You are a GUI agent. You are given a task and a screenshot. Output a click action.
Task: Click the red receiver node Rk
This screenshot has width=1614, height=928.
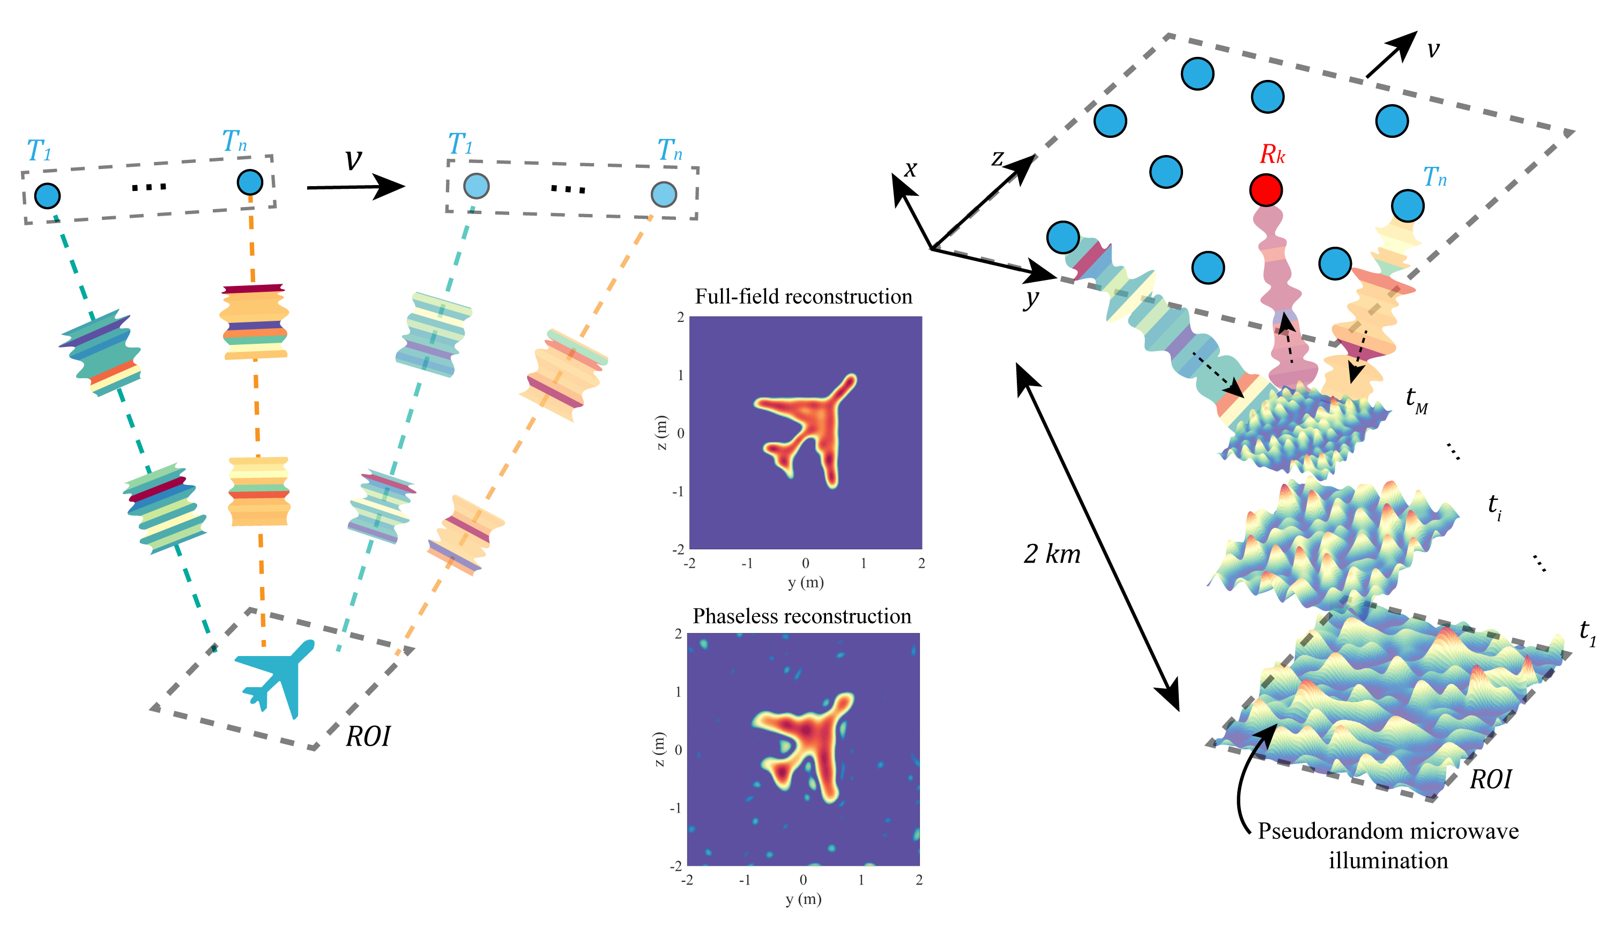point(1266,190)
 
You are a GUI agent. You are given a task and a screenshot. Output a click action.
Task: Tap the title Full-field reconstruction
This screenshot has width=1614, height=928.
point(803,297)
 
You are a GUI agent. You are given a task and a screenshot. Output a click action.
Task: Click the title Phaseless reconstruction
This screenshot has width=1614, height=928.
point(802,616)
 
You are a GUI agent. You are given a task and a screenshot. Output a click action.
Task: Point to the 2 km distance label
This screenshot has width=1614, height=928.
point(1052,554)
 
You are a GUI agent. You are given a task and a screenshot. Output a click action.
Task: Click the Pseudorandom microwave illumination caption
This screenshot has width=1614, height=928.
point(1388,845)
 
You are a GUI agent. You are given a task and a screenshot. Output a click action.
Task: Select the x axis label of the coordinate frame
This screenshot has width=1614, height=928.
point(911,168)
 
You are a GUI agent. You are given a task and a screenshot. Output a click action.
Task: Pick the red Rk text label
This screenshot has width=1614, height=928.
point(1272,155)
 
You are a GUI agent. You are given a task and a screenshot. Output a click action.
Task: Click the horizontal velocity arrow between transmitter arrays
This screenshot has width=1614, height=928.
point(355,187)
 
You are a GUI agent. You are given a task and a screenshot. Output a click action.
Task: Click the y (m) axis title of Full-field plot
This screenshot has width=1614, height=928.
point(806,582)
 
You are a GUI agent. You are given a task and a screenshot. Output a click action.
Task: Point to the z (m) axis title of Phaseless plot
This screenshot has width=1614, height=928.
point(659,749)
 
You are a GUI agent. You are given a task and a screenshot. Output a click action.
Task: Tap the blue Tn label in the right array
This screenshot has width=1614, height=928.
point(1434,176)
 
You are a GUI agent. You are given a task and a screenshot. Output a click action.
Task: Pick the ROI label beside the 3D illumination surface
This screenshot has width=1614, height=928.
point(1490,779)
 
